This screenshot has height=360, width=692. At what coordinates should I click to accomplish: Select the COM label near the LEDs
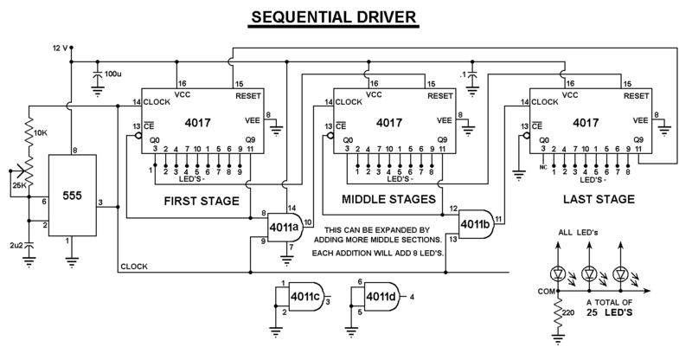pyautogui.click(x=546, y=292)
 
